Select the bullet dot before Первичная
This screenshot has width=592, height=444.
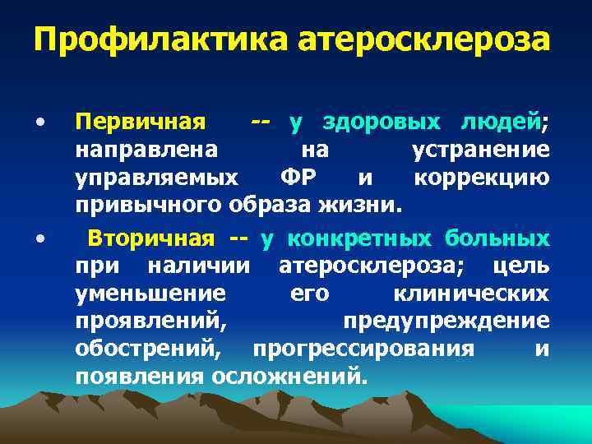pos(39,123)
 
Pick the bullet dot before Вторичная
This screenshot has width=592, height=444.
pos(39,238)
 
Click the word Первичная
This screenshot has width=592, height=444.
pos(140,123)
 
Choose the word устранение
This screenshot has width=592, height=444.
pos(479,151)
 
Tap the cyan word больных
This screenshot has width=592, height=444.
pos(497,239)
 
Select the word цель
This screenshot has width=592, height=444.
pos(521,266)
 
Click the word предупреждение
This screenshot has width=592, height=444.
pos(446,321)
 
